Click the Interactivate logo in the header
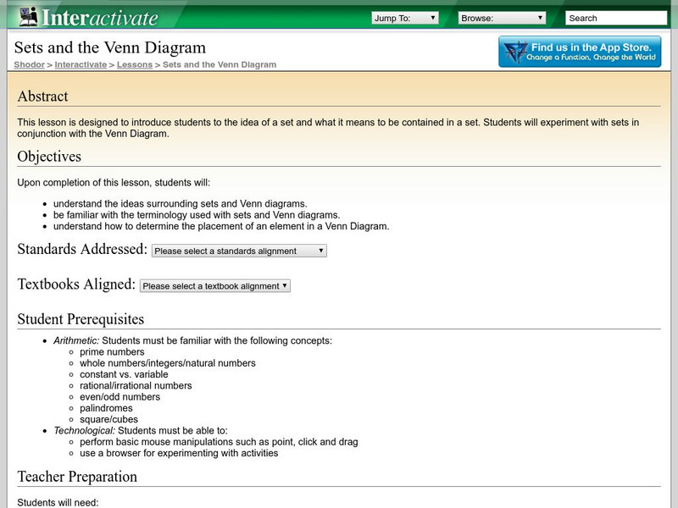pyautogui.click(x=88, y=17)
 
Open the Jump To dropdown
pyautogui.click(x=404, y=18)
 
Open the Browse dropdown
pyautogui.click(x=502, y=18)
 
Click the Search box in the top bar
pyautogui.click(x=615, y=18)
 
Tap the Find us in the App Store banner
pyautogui.click(x=580, y=52)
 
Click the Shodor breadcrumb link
pyautogui.click(x=30, y=64)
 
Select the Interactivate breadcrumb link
pyautogui.click(x=81, y=64)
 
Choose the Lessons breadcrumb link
pyautogui.click(x=134, y=64)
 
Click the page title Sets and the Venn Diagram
pyautogui.click(x=109, y=47)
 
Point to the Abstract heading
pyautogui.click(x=42, y=97)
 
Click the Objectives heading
pyautogui.click(x=49, y=157)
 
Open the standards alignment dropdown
pyautogui.click(x=239, y=251)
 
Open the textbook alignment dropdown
pyautogui.click(x=215, y=286)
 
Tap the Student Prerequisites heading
pyautogui.click(x=81, y=319)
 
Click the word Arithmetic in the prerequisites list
pyautogui.click(x=75, y=341)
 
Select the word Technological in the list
pyautogui.click(x=83, y=431)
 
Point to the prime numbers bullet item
pyautogui.click(x=112, y=352)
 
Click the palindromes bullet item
pyautogui.click(x=106, y=408)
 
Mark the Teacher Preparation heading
pyautogui.click(x=77, y=477)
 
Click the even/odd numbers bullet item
pyautogui.click(x=119, y=397)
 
